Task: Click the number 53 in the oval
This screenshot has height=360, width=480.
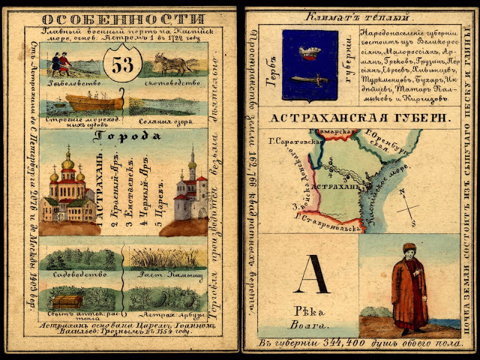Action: (x=122, y=65)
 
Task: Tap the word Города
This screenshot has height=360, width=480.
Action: (x=134, y=136)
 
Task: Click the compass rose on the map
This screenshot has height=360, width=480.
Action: (x=409, y=207)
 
